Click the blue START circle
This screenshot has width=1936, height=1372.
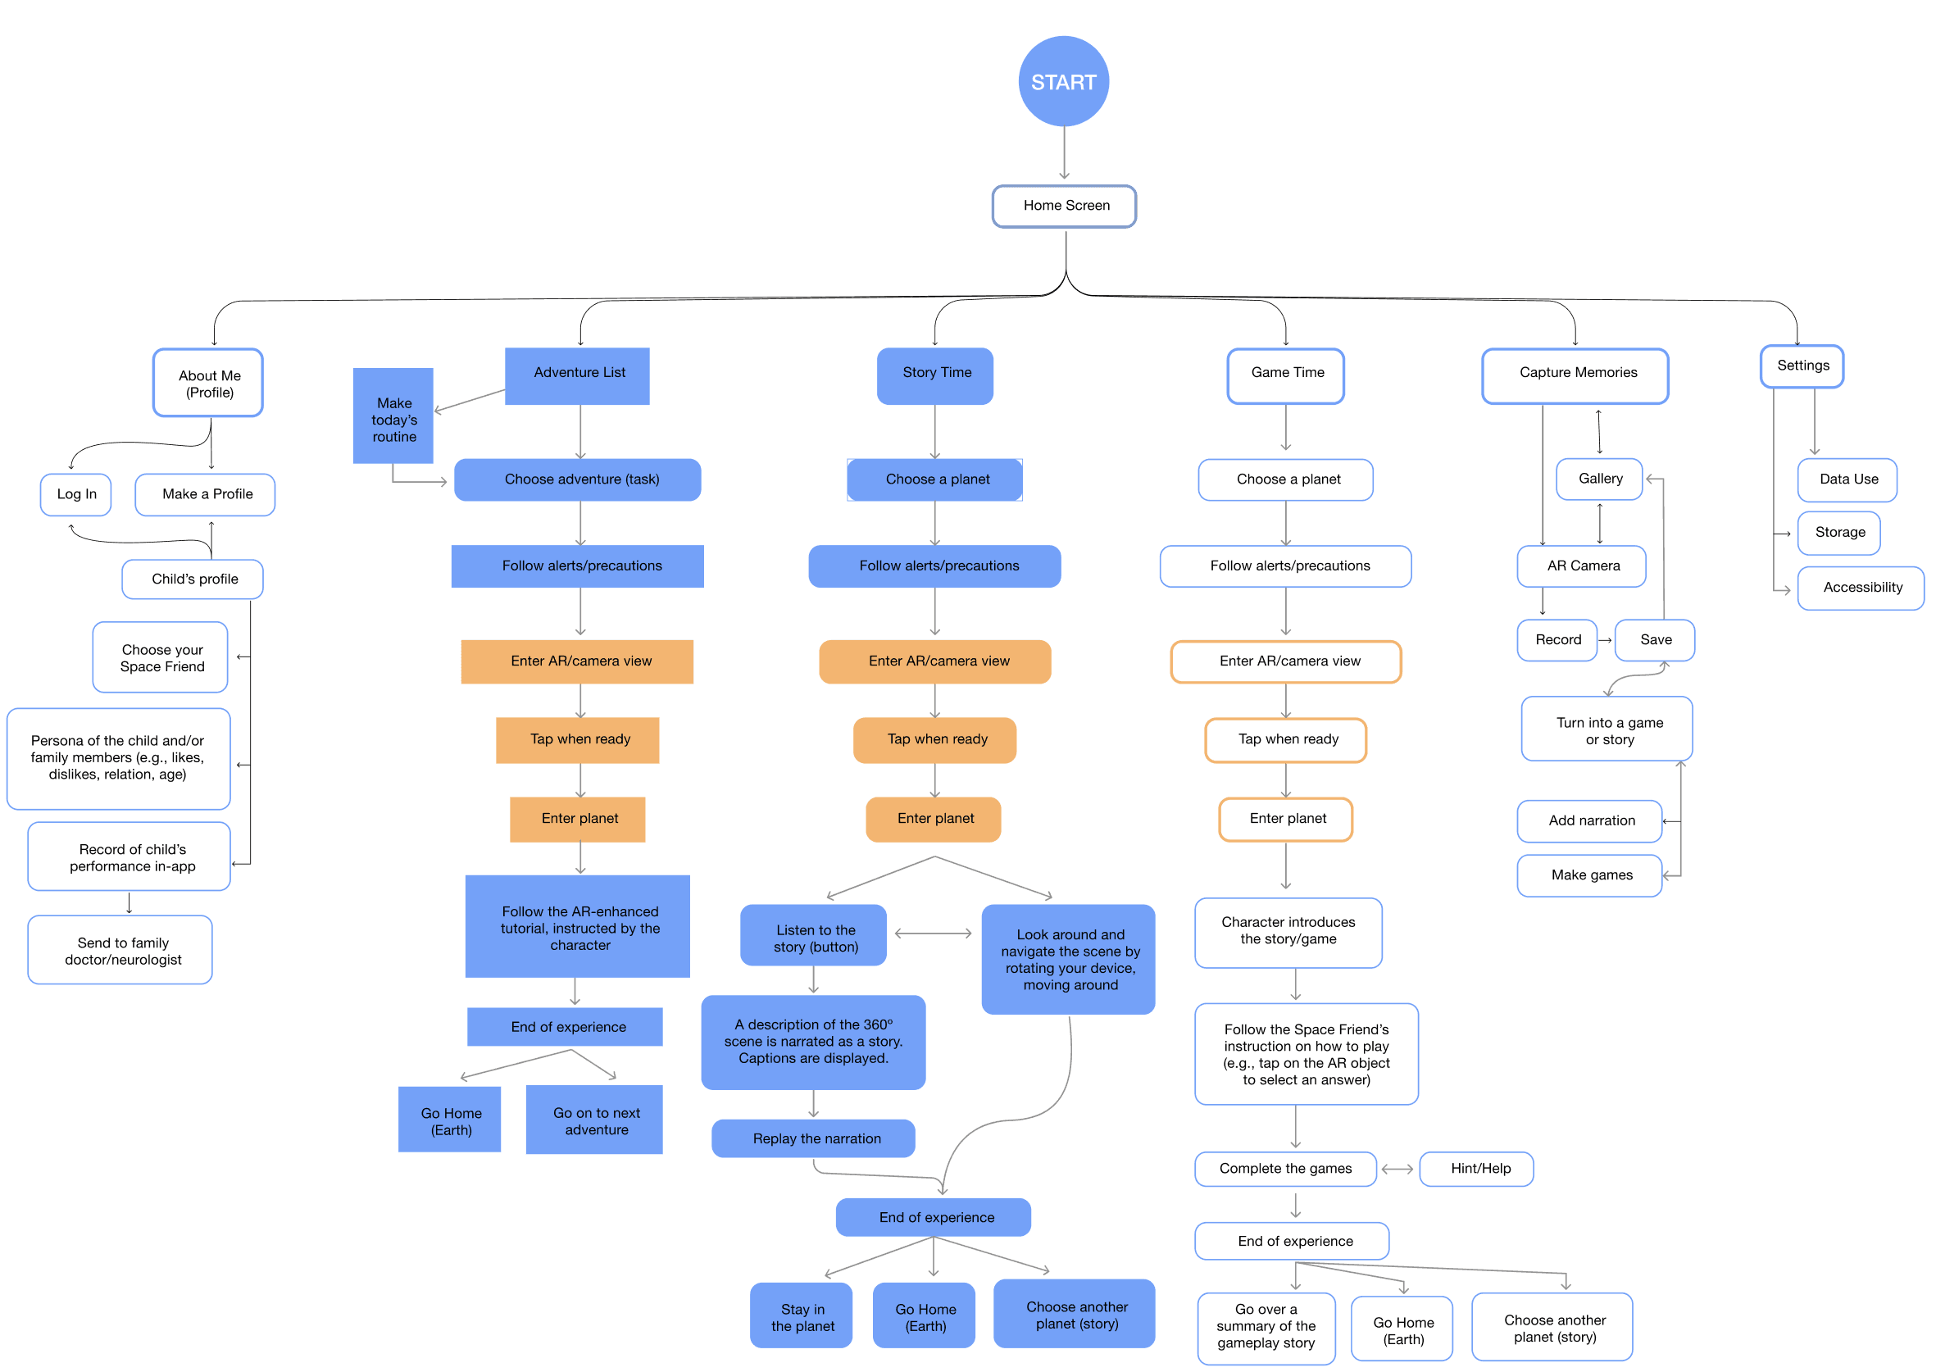(x=1062, y=82)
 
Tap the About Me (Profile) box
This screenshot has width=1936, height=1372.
(x=208, y=384)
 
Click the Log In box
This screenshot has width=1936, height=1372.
(x=76, y=494)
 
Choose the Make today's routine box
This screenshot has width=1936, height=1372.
(x=393, y=416)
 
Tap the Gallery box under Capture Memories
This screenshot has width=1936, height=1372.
(x=1599, y=479)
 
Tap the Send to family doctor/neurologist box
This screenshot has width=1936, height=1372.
(x=120, y=951)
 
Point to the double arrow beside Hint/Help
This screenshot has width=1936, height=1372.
(x=1397, y=1170)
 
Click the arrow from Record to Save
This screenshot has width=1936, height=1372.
(x=1605, y=640)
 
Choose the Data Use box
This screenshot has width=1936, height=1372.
(x=1847, y=479)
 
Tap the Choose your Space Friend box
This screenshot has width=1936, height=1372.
(x=161, y=657)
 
